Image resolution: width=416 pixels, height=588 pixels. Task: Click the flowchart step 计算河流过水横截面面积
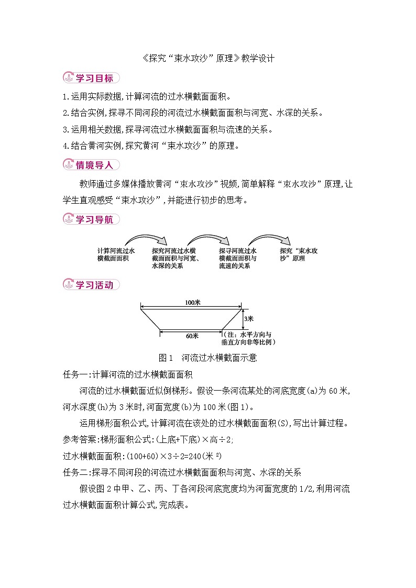click(116, 254)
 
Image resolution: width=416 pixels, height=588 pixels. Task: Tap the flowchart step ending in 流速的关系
click(238, 258)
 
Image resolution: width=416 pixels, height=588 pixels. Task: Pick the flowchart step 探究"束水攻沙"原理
click(300, 254)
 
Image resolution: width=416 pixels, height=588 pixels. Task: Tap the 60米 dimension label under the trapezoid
click(192, 336)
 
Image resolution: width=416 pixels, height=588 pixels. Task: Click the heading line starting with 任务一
click(128, 374)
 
